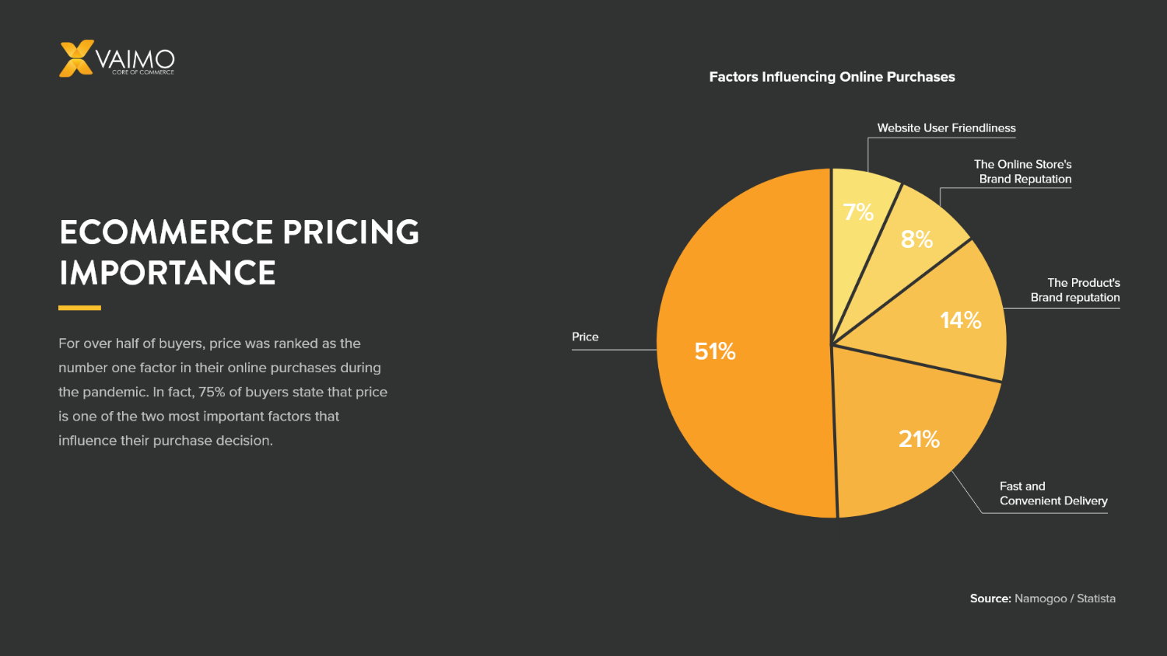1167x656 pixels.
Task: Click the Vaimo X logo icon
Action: (x=76, y=58)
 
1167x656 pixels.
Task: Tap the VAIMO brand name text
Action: (x=135, y=59)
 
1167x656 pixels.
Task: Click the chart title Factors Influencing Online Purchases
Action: (x=832, y=77)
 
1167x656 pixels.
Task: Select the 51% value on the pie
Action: (x=715, y=351)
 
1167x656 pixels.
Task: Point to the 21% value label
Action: (x=919, y=439)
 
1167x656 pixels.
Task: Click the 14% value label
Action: (x=960, y=320)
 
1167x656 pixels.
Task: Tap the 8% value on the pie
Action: (x=916, y=239)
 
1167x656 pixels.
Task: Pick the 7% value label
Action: (x=858, y=212)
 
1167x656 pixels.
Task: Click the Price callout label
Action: (x=585, y=337)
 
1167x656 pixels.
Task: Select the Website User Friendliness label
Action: (x=946, y=128)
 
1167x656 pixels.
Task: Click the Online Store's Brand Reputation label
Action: (x=1023, y=172)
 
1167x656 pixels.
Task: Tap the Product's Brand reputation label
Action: (x=1076, y=290)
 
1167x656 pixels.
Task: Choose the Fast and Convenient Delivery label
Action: (x=1053, y=494)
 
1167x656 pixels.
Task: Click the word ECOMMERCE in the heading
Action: (x=166, y=232)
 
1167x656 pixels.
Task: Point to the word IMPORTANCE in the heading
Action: (x=167, y=273)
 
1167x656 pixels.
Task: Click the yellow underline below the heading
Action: (x=79, y=308)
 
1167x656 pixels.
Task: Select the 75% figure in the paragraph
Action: (x=212, y=392)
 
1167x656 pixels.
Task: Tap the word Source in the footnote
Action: (x=990, y=598)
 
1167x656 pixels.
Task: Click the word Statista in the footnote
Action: (x=1095, y=598)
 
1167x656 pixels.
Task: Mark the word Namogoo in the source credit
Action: (x=1040, y=598)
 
